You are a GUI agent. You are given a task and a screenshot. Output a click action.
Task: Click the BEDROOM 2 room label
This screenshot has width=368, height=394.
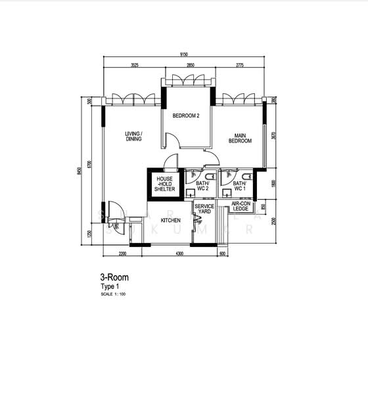(x=186, y=116)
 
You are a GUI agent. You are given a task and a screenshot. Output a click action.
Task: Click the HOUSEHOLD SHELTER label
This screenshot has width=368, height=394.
(x=164, y=183)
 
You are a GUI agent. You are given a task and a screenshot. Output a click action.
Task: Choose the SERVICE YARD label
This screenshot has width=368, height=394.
(x=204, y=209)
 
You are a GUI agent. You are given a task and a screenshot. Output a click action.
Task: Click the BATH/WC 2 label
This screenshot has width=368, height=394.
(x=202, y=186)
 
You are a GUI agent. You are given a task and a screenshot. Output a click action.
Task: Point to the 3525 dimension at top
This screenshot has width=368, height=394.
(x=134, y=66)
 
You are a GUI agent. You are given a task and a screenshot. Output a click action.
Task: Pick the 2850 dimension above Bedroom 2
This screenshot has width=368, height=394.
(x=189, y=66)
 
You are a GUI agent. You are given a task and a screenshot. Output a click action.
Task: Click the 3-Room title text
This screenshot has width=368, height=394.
(x=114, y=278)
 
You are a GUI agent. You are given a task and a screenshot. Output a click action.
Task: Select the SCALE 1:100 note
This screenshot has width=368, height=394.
(x=114, y=294)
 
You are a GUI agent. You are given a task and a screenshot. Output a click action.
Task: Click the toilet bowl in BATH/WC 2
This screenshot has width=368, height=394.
(x=209, y=177)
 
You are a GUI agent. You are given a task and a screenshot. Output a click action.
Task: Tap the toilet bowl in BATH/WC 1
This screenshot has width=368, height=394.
(x=246, y=177)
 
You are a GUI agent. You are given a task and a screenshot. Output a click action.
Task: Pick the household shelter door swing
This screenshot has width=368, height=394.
(x=171, y=162)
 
